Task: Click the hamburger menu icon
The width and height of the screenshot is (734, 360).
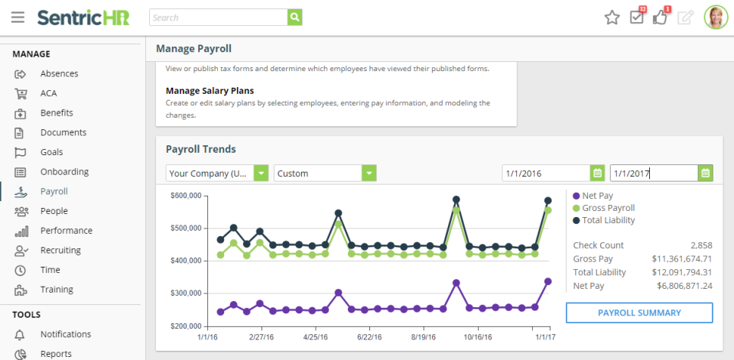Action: (x=18, y=17)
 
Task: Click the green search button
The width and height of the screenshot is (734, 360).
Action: (x=295, y=17)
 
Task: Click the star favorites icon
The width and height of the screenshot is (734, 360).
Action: (x=612, y=17)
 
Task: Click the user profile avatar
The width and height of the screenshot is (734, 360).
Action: (x=716, y=17)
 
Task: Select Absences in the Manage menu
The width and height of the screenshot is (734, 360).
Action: (x=59, y=73)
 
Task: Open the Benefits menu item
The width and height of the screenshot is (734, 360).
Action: (x=57, y=112)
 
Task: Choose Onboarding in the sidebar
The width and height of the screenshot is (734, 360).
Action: (x=64, y=172)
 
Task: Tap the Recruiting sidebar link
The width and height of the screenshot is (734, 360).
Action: (x=60, y=250)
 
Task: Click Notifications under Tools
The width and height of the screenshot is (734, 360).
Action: (x=66, y=334)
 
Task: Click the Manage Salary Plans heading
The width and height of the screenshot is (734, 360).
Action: (x=209, y=90)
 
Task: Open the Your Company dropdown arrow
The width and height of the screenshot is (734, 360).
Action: (x=261, y=174)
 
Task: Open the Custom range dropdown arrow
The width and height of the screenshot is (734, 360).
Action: (x=369, y=174)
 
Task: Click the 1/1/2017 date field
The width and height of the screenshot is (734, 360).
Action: (x=653, y=174)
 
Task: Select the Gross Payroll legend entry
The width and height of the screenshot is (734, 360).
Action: (x=609, y=208)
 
